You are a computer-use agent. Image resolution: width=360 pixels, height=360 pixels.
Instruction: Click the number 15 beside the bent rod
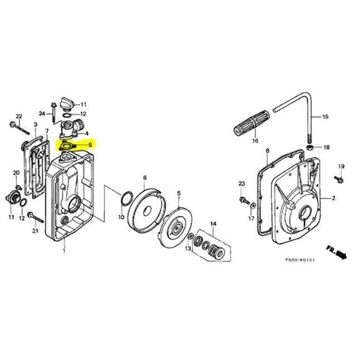click(325, 116)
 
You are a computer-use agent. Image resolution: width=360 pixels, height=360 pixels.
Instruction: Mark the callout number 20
click(16, 173)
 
